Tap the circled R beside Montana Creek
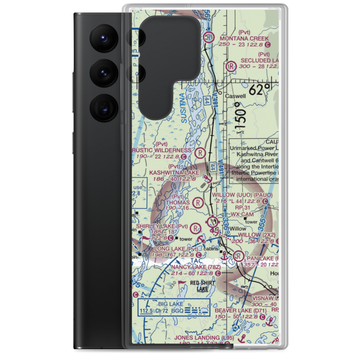coord(209,37)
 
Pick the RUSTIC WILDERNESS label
coord(164,150)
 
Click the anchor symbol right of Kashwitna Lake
coord(207,179)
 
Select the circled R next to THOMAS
coord(198,203)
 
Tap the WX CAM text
coord(240,214)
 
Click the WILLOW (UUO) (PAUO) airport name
coord(242,195)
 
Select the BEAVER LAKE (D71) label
coord(241,310)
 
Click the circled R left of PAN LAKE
coord(238,256)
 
